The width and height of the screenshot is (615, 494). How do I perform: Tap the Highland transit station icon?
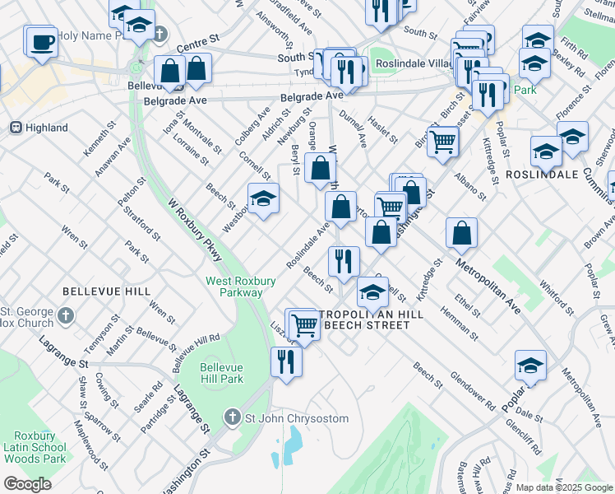pos(15,128)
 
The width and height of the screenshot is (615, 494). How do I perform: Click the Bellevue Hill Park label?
pos(221,373)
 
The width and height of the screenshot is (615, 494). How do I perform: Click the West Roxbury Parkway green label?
pos(234,287)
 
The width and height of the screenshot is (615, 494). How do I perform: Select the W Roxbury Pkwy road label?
pos(195,231)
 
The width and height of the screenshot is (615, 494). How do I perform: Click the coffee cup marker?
pos(41,41)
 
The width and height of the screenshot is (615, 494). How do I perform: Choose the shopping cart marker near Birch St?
pos(442,141)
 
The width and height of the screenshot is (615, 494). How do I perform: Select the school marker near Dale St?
pos(531,366)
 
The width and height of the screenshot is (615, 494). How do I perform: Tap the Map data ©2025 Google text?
pos(564,487)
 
